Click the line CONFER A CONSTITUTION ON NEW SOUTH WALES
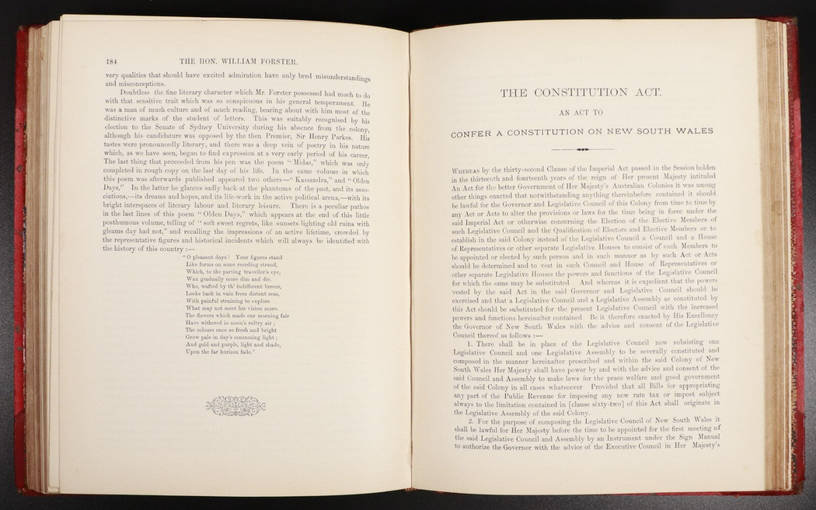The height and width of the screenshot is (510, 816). click(x=581, y=131)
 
